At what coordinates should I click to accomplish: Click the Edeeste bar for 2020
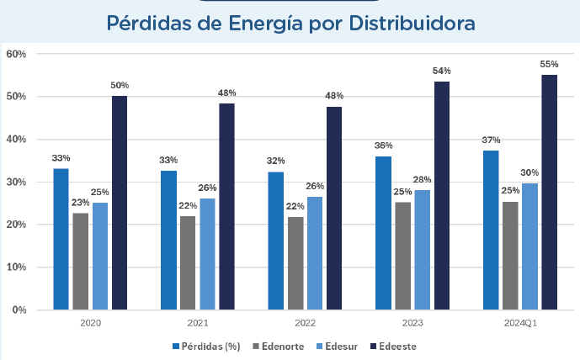pyautogui.click(x=120, y=203)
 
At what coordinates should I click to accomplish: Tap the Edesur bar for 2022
pyautogui.click(x=314, y=253)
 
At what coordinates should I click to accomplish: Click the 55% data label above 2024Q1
pyautogui.click(x=549, y=64)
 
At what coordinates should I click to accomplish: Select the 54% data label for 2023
pyautogui.click(x=442, y=71)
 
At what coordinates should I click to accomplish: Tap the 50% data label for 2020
pyautogui.click(x=120, y=85)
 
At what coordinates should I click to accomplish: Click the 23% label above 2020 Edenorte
pyautogui.click(x=81, y=202)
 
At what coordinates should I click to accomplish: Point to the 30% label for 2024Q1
pyautogui.click(x=529, y=172)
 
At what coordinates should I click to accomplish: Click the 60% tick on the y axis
pyautogui.click(x=17, y=54)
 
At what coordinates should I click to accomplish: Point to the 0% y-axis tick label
pyautogui.click(x=19, y=310)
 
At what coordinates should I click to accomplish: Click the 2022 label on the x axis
pyautogui.click(x=305, y=323)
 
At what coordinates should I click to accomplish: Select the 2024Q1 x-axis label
pyautogui.click(x=519, y=323)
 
